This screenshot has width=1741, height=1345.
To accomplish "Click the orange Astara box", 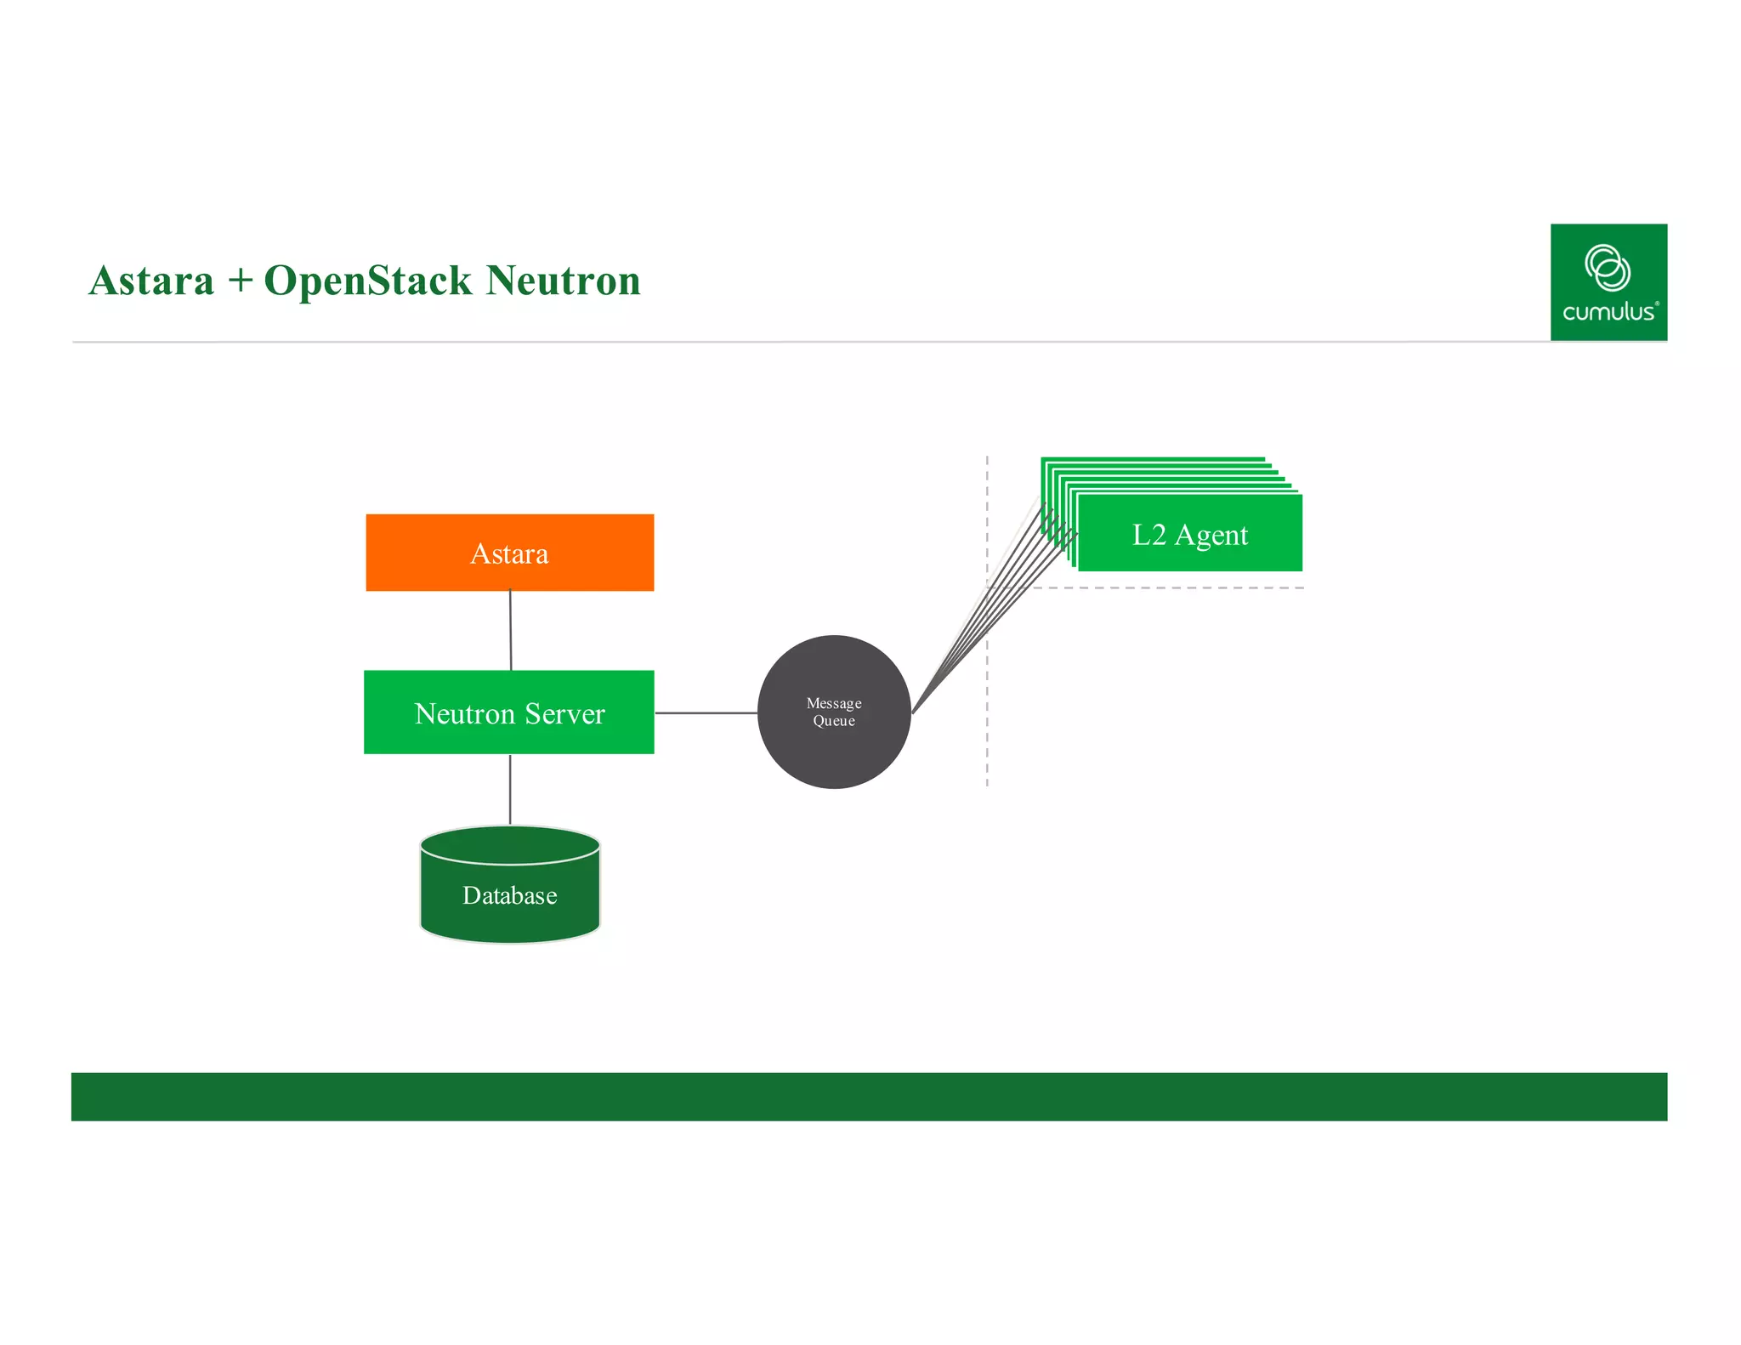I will pos(509,553).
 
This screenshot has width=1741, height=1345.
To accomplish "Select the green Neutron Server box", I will pos(509,712).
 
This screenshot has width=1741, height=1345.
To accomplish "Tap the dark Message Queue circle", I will pos(833,748).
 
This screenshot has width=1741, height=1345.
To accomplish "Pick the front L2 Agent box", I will pos(1189,534).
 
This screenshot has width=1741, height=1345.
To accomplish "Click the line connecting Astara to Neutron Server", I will pos(510,630).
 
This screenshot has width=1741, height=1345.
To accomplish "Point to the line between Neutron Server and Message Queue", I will pos(706,712).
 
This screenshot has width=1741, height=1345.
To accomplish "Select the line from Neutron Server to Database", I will pos(510,789).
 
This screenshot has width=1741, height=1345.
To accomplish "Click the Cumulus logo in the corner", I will pos(1608,281).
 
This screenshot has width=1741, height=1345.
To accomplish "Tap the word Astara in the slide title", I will pos(151,281).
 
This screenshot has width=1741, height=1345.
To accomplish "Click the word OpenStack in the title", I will pos(367,281).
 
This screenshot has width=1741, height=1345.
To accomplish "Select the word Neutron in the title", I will pos(563,281).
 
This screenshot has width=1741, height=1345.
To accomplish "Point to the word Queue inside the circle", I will pos(833,721).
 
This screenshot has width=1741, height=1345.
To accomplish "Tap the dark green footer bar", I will pos(867,1096).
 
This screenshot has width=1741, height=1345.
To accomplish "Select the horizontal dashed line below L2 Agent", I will pos(1190,587).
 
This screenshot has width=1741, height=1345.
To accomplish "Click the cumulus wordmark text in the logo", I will pos(1608,312).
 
